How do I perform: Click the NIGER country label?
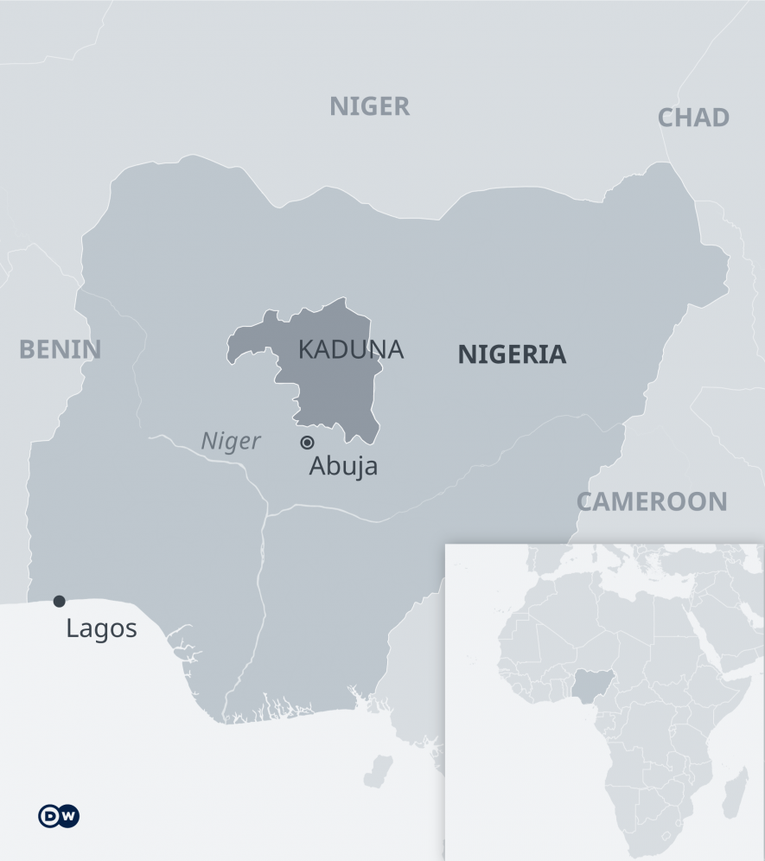tap(369, 106)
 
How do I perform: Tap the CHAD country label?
tap(693, 118)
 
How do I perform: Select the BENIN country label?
tap(60, 349)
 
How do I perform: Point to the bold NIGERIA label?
tap(512, 354)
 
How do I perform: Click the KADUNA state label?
tap(350, 349)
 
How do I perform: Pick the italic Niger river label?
tap(231, 442)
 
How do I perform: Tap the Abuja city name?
tap(343, 467)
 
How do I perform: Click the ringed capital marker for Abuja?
tap(307, 443)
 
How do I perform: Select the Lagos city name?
tap(101, 628)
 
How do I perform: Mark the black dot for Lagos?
tap(59, 601)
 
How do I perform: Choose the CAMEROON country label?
tap(652, 501)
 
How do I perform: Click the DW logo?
tap(59, 816)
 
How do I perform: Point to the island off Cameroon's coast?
tap(378, 770)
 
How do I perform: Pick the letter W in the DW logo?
tap(68, 816)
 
